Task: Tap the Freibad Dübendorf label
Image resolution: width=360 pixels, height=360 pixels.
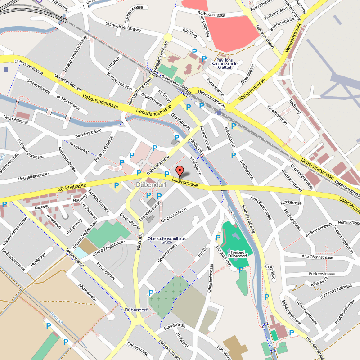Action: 237,254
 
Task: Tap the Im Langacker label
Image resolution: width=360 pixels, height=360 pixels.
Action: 106,271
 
